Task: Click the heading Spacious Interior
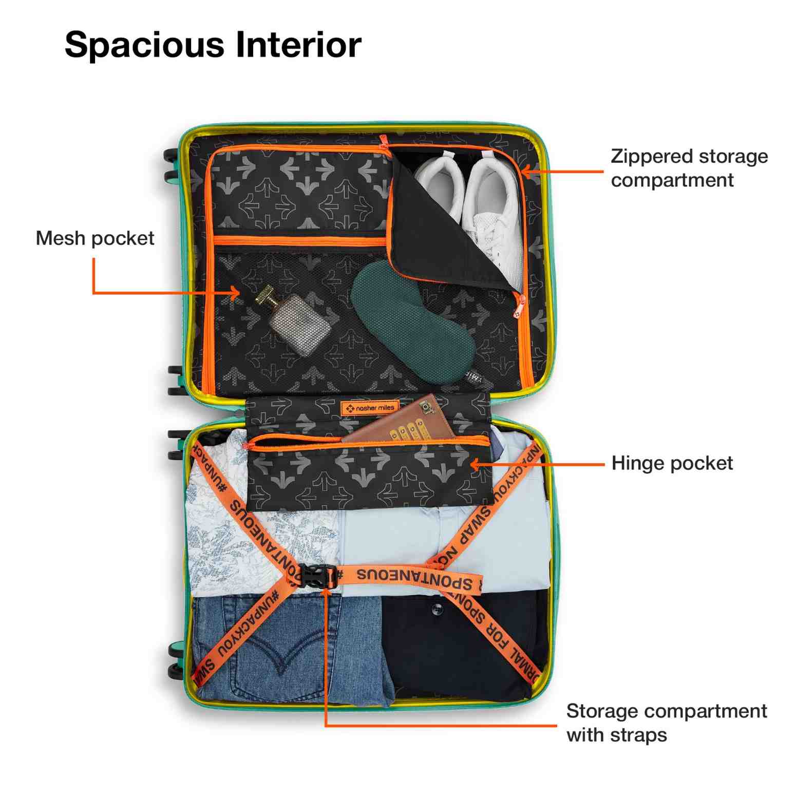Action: (x=213, y=45)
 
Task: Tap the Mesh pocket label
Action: (x=95, y=238)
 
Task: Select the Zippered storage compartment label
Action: (x=688, y=168)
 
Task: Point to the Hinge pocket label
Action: (x=672, y=463)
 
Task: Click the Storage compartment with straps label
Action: (x=666, y=723)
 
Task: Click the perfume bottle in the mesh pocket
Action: (x=300, y=324)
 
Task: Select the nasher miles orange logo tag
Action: (x=370, y=408)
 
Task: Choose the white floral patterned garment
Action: (x=231, y=539)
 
